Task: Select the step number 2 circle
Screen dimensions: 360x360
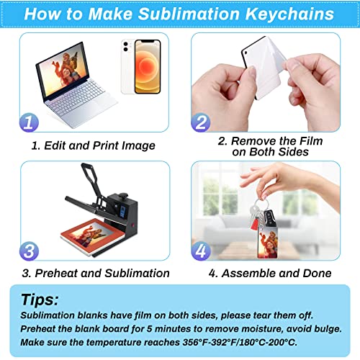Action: click(x=201, y=122)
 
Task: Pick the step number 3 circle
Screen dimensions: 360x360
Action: click(x=28, y=251)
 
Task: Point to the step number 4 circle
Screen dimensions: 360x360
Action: click(x=202, y=251)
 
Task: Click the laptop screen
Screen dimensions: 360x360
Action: click(x=68, y=73)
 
